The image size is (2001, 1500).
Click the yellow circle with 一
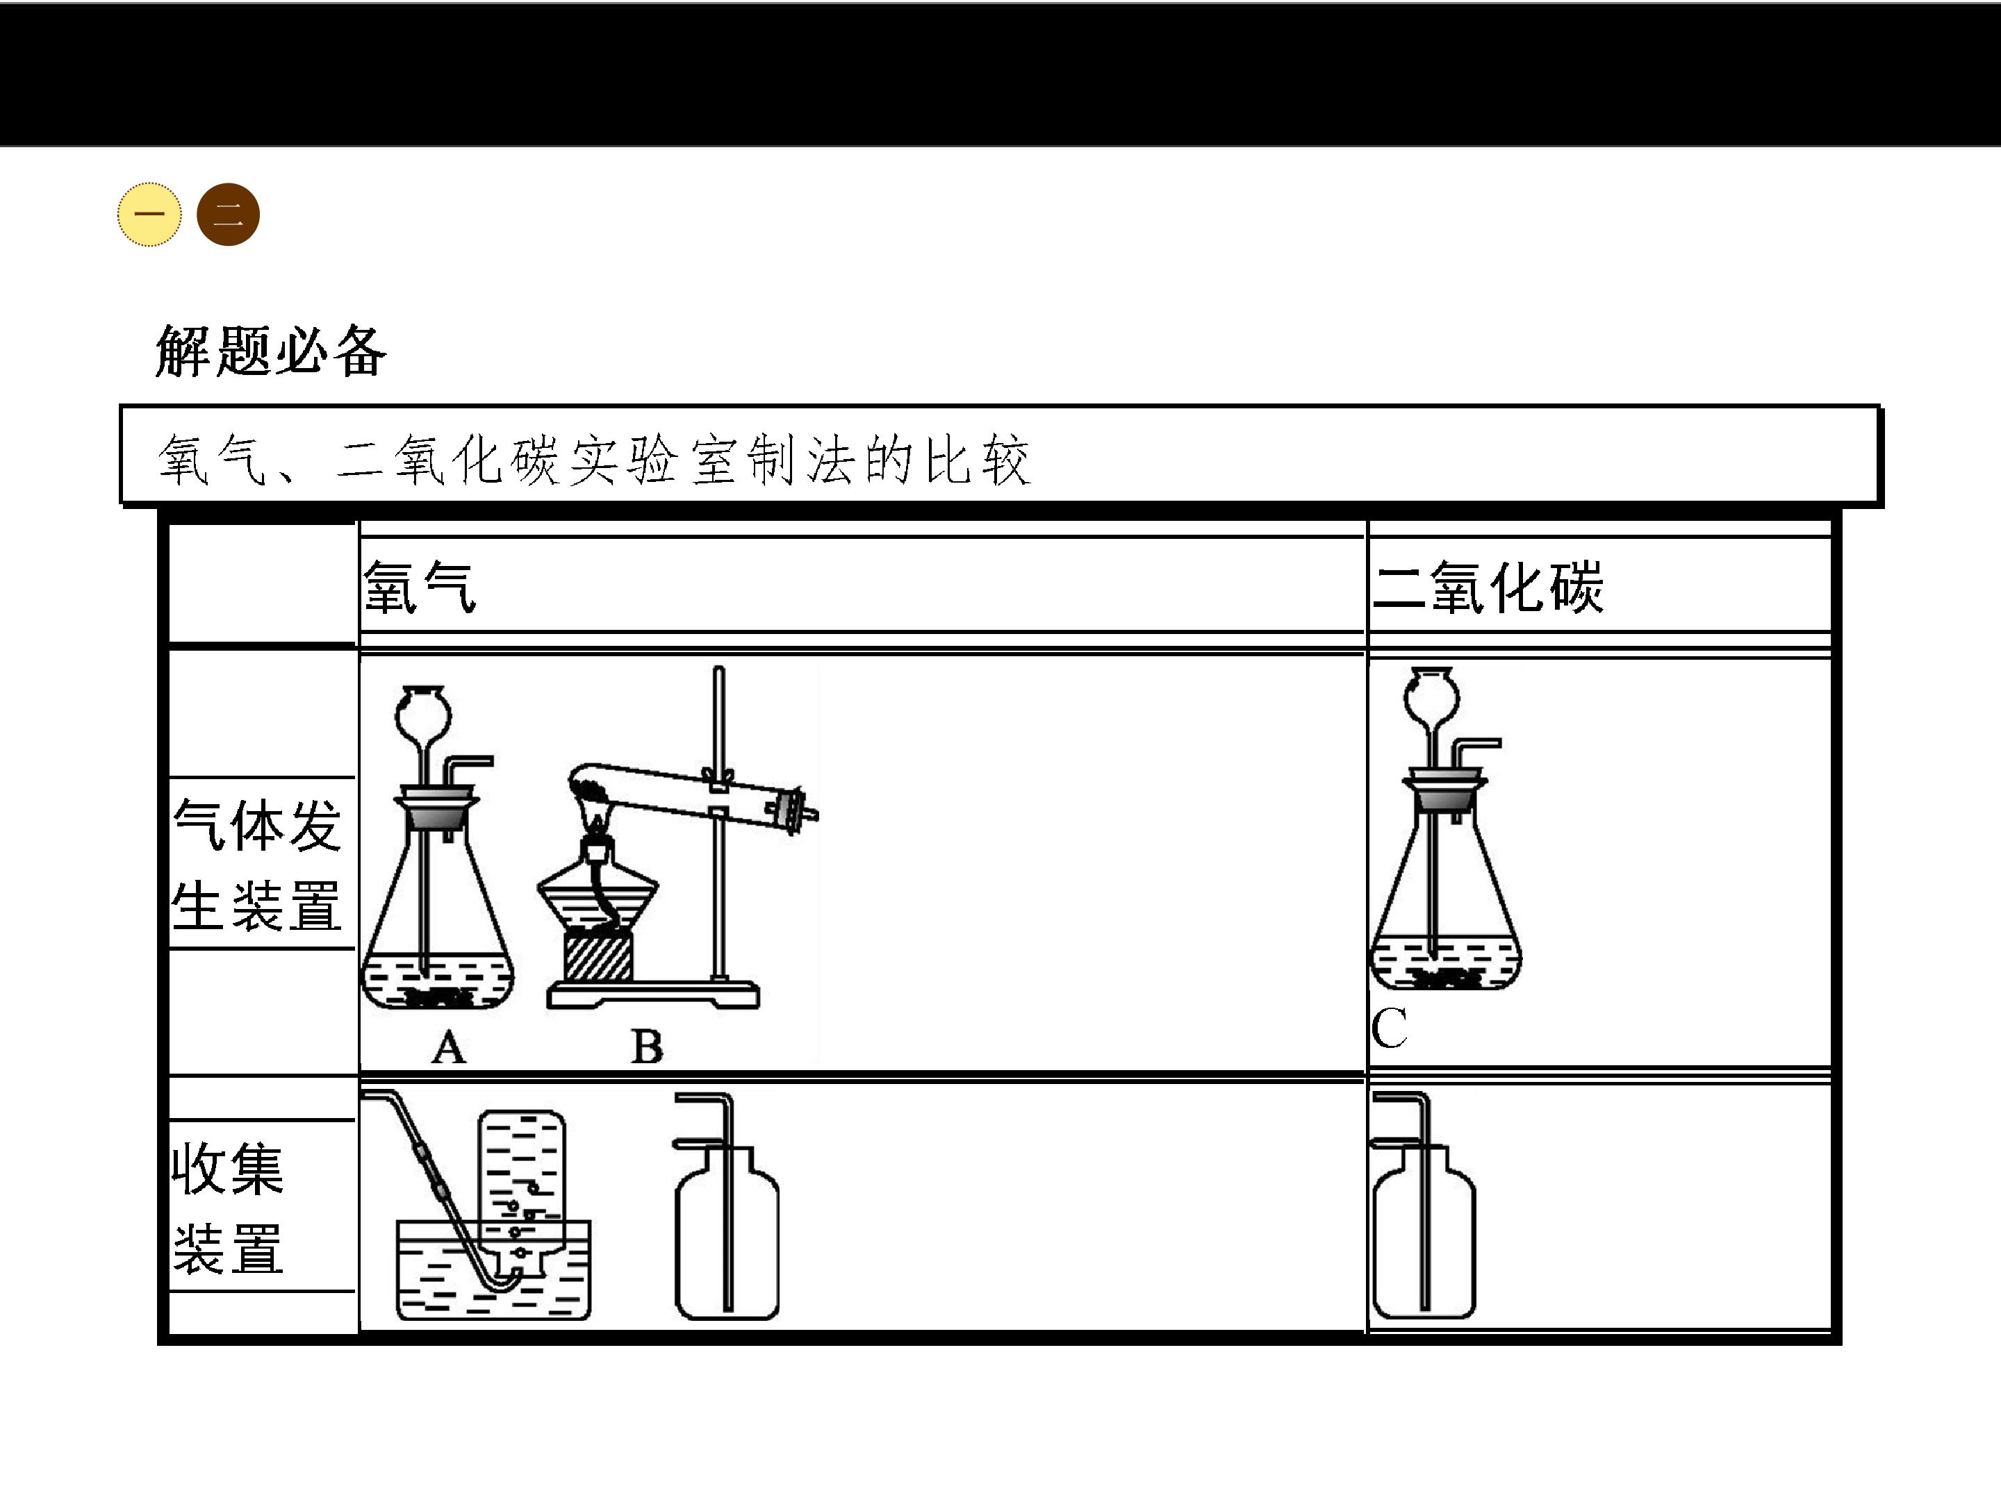149,215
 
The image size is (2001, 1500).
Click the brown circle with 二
228,215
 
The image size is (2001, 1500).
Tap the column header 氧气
419,587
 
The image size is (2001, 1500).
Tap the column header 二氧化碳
1488,587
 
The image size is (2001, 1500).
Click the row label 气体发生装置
257,865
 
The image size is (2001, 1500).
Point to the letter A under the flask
449,1049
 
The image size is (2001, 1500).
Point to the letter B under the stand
647,1048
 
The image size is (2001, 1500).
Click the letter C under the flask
1390,1027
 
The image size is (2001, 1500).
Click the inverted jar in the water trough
522,1185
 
